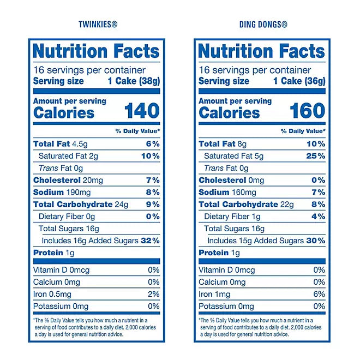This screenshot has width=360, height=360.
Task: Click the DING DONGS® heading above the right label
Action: (x=263, y=24)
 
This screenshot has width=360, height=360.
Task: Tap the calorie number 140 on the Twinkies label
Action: (x=142, y=111)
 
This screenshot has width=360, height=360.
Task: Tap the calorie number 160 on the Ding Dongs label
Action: (x=307, y=111)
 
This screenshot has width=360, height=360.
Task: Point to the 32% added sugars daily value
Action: (x=151, y=241)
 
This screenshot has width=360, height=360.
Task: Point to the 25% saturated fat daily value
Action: (x=316, y=156)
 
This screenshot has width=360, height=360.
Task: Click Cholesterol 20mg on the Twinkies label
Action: (x=67, y=180)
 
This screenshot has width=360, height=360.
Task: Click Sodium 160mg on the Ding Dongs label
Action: (x=227, y=192)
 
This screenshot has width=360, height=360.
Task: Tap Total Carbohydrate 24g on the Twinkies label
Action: (x=81, y=205)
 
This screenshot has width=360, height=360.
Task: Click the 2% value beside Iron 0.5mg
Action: (x=154, y=294)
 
